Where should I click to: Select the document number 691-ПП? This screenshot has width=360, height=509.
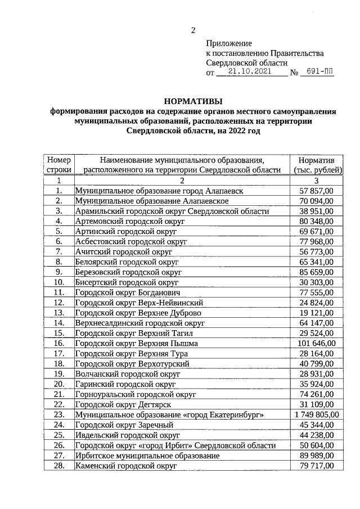click(317, 73)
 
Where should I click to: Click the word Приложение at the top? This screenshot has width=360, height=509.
click(229, 43)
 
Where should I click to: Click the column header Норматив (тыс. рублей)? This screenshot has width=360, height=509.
click(317, 165)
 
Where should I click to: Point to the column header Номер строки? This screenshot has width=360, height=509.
click(58, 165)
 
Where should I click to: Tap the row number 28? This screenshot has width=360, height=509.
click(58, 466)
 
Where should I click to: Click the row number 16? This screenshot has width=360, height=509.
click(58, 343)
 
